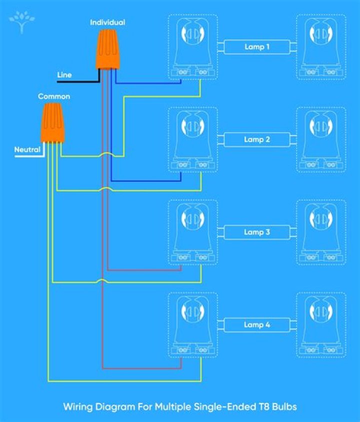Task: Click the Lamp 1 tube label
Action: pos(257,47)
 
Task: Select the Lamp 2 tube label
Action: pos(257,140)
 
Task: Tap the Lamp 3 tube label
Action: pos(257,232)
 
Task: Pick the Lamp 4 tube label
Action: pos(257,325)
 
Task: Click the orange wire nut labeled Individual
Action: pos(108,49)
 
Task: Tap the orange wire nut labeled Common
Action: pos(52,123)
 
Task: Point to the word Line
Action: pos(64,75)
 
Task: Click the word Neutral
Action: pos(27,150)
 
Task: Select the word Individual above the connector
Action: pos(107,23)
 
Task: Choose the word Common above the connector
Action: pos(54,96)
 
